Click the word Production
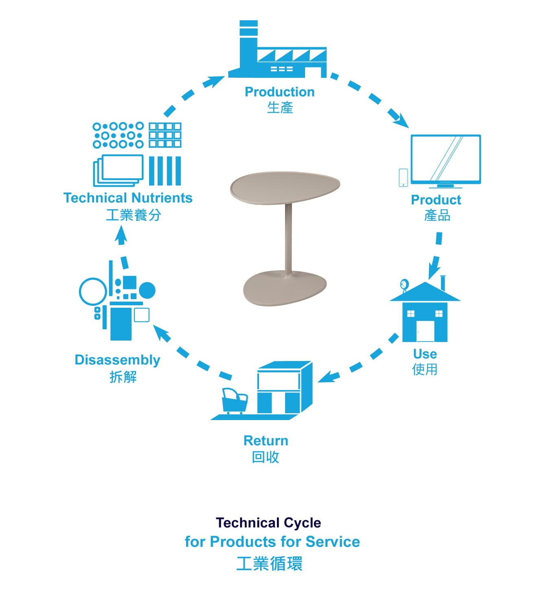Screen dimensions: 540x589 [279, 92]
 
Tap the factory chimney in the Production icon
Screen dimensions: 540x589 [248, 41]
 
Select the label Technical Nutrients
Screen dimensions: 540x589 [128, 197]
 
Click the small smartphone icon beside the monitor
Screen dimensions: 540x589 [403, 177]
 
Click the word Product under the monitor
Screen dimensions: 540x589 [436, 200]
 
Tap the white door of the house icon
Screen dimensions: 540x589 [425, 331]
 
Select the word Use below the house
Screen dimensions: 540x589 [425, 354]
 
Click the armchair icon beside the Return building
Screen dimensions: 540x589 [235, 401]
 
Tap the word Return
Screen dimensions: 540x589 [266, 440]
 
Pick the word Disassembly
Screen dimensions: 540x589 [117, 360]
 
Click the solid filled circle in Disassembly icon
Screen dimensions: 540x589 [147, 290]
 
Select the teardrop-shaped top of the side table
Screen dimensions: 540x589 [285, 187]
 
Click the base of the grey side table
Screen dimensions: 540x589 [285, 288]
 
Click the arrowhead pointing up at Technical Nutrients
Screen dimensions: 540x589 [121, 234]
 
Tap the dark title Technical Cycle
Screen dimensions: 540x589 [268, 523]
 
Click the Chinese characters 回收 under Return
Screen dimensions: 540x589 [266, 457]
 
